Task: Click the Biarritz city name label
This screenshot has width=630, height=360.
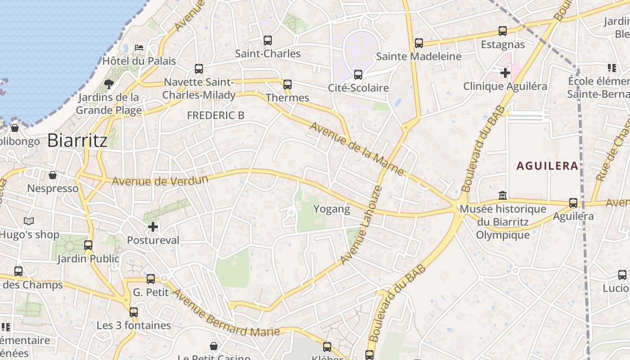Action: [77, 140]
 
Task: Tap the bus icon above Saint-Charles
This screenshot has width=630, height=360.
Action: [268, 40]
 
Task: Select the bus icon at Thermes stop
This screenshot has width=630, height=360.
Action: [287, 85]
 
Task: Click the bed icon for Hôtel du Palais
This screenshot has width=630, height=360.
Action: [139, 47]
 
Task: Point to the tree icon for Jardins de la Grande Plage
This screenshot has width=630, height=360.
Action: [108, 83]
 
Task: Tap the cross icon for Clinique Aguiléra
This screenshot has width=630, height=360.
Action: [505, 72]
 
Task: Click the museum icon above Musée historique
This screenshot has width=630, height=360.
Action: [503, 196]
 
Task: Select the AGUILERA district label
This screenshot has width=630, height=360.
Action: [547, 166]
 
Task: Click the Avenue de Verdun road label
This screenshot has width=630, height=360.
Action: [160, 180]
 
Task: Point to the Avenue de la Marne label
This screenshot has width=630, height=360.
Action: [357, 148]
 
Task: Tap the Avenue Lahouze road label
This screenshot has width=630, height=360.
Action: [361, 225]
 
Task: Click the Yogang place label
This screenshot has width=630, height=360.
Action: [332, 209]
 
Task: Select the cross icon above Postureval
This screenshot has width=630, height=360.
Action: [153, 227]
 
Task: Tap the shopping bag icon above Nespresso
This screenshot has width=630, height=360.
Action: [53, 175]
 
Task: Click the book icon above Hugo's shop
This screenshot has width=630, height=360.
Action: [29, 221]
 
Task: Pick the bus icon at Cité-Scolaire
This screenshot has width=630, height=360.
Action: [358, 75]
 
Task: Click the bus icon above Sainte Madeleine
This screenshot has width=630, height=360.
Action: [419, 43]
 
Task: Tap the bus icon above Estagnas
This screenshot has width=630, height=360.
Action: [503, 31]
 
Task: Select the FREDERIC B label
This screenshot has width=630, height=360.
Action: [216, 115]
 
